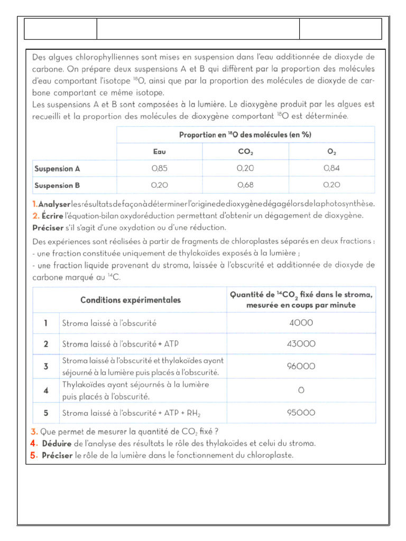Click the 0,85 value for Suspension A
click(x=159, y=169)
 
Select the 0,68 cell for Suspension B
click(x=245, y=185)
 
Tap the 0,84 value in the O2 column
click(x=331, y=169)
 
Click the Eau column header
click(x=159, y=152)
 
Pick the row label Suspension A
click(x=57, y=169)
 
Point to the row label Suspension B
click(x=57, y=185)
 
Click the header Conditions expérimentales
click(x=130, y=300)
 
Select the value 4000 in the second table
click(x=301, y=323)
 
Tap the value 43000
click(x=301, y=344)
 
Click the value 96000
click(x=301, y=366)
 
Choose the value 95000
click(x=301, y=413)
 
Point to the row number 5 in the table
click(x=46, y=413)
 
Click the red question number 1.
click(x=34, y=203)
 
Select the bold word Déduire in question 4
click(x=57, y=443)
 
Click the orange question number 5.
click(x=34, y=455)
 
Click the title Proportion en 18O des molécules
click(x=245, y=135)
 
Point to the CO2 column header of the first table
click(x=245, y=152)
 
